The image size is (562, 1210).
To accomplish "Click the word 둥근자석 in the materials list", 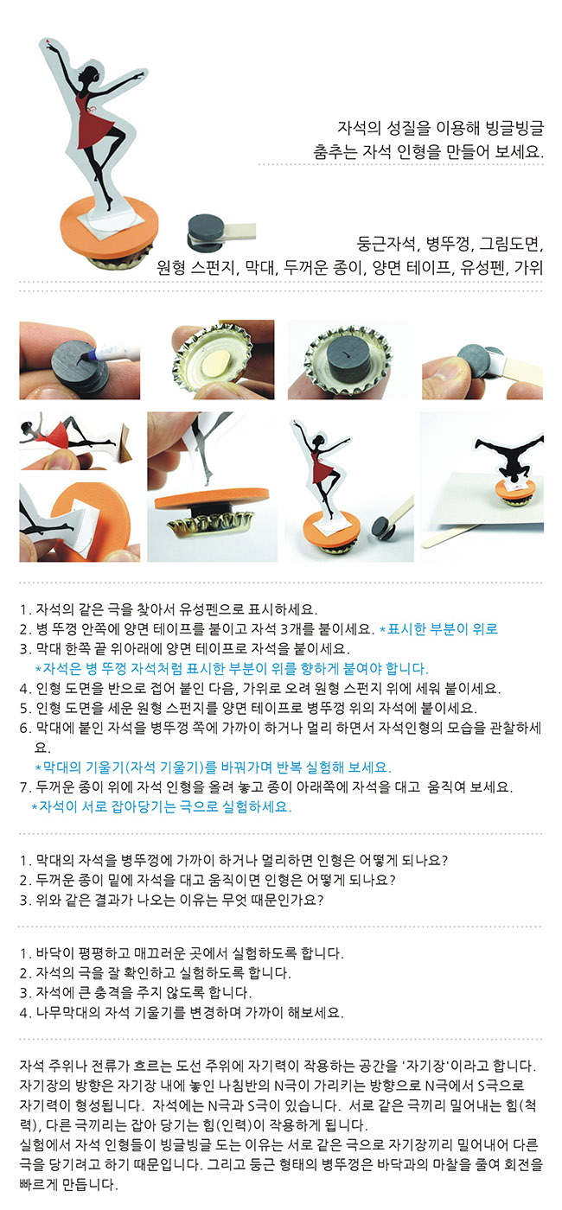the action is (386, 244).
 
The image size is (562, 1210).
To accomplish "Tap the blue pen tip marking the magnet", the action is (85, 357).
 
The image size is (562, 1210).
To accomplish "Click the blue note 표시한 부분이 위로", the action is (439, 629).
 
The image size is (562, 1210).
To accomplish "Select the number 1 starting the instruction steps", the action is (23, 610).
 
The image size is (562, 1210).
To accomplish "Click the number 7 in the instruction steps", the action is (23, 787).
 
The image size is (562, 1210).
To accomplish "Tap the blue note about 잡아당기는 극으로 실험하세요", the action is (162, 806).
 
